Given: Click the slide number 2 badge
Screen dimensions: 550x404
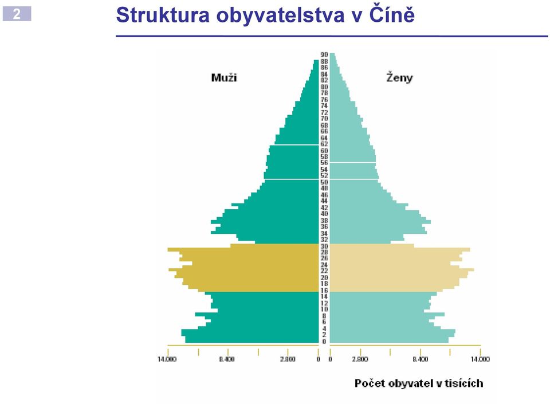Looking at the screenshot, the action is pyautogui.click(x=17, y=14).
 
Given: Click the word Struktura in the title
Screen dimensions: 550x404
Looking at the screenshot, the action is pyautogui.click(x=163, y=15).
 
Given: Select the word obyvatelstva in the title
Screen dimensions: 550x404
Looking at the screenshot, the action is pyautogui.click(x=280, y=16).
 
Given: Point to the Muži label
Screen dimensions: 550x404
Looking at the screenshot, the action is pyautogui.click(x=224, y=77).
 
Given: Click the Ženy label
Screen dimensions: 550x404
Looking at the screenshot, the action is pyautogui.click(x=399, y=77).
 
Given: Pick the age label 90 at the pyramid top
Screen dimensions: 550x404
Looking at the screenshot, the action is pyautogui.click(x=324, y=54).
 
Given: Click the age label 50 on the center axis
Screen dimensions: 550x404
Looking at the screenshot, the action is pyautogui.click(x=324, y=182).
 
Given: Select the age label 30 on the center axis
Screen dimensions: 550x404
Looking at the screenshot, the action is pyautogui.click(x=324, y=246).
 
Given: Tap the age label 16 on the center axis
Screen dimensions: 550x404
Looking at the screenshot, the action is pyautogui.click(x=324, y=291).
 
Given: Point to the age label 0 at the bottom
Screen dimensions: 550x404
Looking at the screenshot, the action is pyautogui.click(x=324, y=342).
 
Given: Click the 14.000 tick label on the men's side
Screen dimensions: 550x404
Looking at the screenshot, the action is pyautogui.click(x=167, y=359).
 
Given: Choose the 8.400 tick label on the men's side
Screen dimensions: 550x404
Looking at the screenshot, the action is pyautogui.click(x=227, y=359).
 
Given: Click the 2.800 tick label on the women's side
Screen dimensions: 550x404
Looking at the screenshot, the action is pyautogui.click(x=360, y=359).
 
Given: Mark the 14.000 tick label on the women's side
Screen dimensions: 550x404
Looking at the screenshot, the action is pyautogui.click(x=480, y=359).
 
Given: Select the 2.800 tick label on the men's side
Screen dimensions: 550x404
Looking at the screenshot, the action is pyautogui.click(x=288, y=359).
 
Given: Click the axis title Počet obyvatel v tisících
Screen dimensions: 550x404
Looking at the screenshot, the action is pyautogui.click(x=419, y=383).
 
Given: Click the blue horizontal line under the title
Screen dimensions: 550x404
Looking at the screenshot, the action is pyautogui.click(x=332, y=36).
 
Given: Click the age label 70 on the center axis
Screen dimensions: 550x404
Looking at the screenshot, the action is pyautogui.click(x=324, y=119).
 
